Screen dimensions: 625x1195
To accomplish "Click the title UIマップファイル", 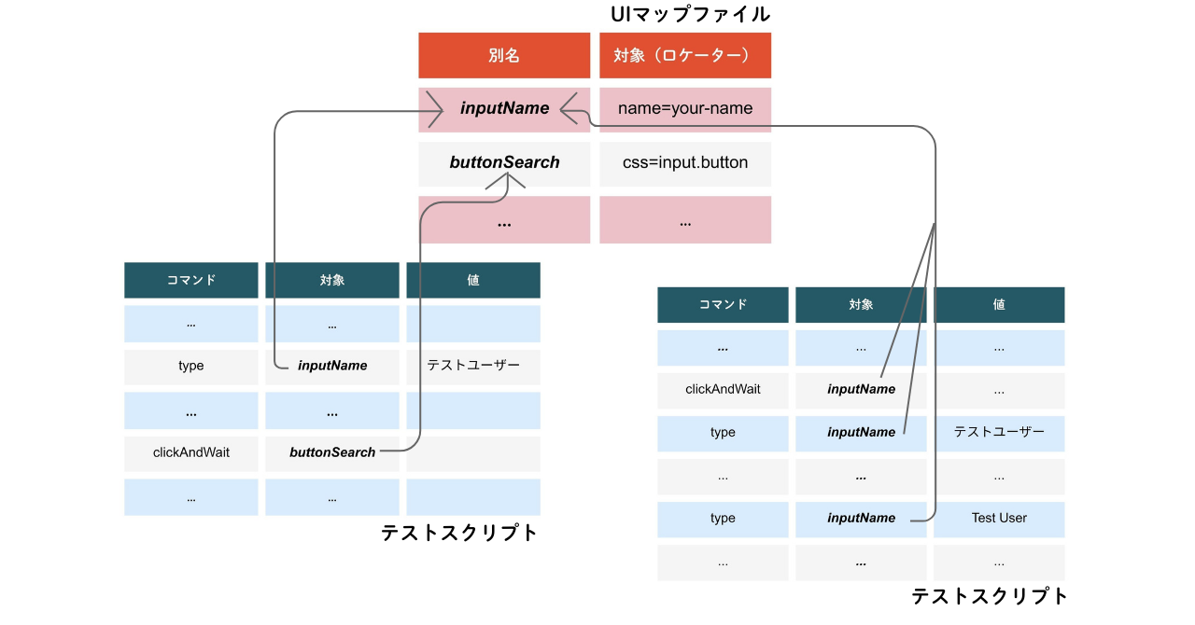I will (690, 14).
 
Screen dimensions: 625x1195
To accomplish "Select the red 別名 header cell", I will (504, 56).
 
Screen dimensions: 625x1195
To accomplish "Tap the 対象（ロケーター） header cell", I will (685, 56).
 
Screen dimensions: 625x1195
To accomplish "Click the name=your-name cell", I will (685, 108).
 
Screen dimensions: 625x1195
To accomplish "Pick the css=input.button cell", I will (685, 162).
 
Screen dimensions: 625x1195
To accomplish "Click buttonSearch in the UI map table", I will (504, 162).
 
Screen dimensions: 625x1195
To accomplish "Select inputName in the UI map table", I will (504, 108).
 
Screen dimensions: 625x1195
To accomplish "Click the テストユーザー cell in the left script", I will (473, 366).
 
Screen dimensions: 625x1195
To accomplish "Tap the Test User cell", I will (999, 518).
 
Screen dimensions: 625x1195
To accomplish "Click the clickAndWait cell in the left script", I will (191, 452).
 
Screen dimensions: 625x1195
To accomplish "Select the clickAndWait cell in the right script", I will (723, 389).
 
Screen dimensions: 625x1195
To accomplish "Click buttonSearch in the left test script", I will (332, 452).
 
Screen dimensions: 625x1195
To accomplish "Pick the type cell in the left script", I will (191, 366).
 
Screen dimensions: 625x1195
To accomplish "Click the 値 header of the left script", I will (473, 280).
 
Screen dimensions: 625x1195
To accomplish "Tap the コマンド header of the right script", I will (723, 304).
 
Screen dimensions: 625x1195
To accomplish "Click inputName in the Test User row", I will (861, 518).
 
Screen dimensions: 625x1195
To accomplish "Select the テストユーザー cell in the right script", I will (999, 432).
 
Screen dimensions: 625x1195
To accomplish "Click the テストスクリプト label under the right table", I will (990, 596).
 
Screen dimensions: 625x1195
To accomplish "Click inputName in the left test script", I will (332, 366).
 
